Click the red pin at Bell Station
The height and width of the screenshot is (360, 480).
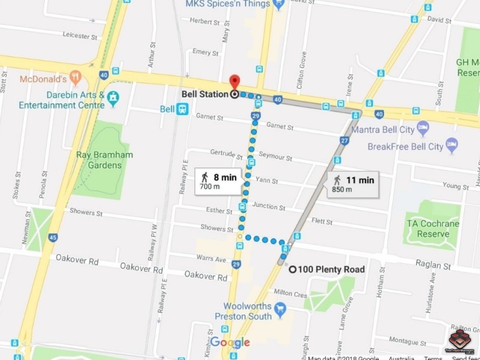click(235, 82)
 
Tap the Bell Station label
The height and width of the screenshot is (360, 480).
click(204, 94)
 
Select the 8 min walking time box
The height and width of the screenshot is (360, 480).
click(218, 180)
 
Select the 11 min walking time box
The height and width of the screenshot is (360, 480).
click(353, 183)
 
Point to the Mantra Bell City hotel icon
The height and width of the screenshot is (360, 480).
click(423, 128)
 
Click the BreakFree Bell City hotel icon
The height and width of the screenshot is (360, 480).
click(451, 145)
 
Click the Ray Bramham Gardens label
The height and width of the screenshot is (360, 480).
click(104, 160)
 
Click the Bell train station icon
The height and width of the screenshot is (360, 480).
click(182, 109)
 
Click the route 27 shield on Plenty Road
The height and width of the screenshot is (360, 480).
click(344, 140)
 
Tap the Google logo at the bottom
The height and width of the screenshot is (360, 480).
click(230, 343)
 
